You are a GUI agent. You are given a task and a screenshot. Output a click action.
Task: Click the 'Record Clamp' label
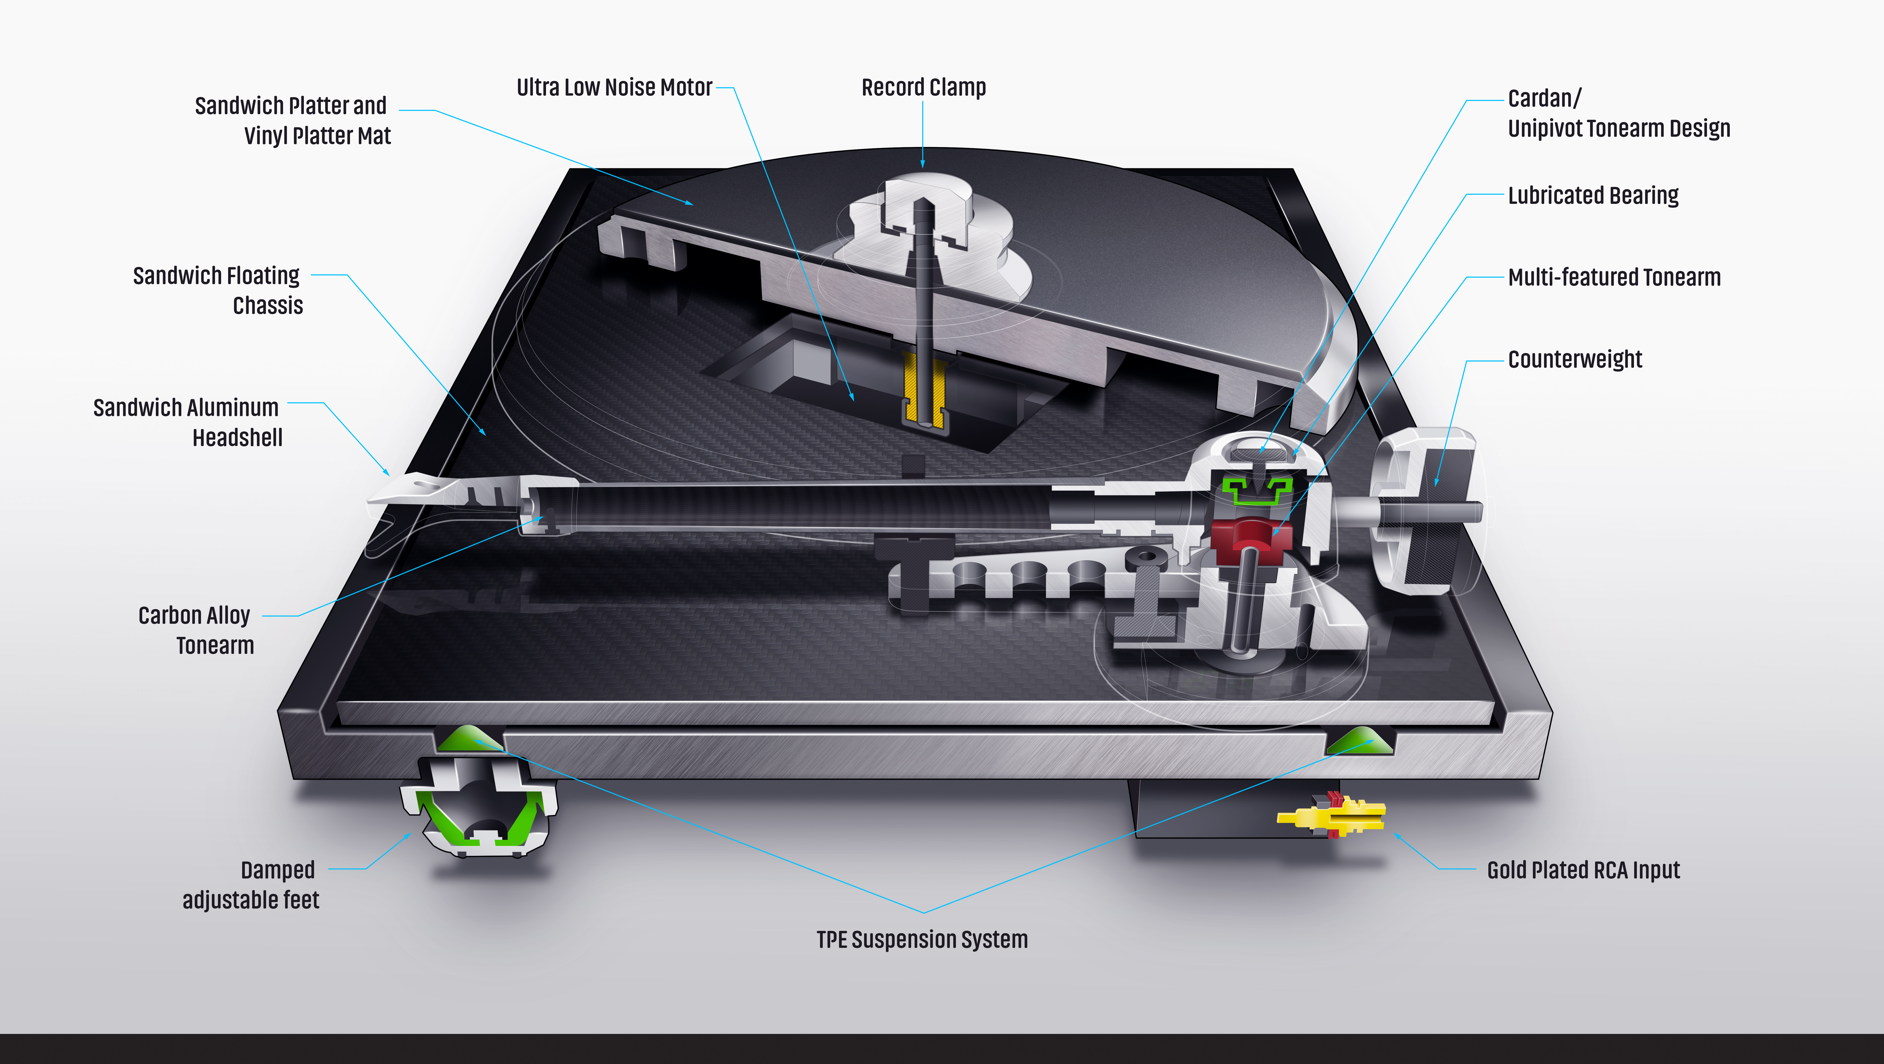click(923, 88)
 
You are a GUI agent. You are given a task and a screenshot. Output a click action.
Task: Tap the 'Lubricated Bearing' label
click(1593, 196)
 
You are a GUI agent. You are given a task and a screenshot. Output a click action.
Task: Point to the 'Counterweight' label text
click(1575, 360)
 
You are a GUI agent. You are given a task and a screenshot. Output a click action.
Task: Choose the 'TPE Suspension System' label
click(922, 940)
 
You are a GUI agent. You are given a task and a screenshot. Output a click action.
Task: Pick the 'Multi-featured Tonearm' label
click(1613, 278)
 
